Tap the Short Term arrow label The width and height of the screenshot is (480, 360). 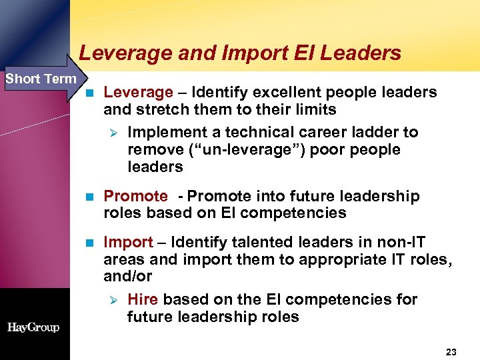(41, 79)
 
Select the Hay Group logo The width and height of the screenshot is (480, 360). (33, 327)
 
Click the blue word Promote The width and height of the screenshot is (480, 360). (135, 196)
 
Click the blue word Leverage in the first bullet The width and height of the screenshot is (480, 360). (138, 92)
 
